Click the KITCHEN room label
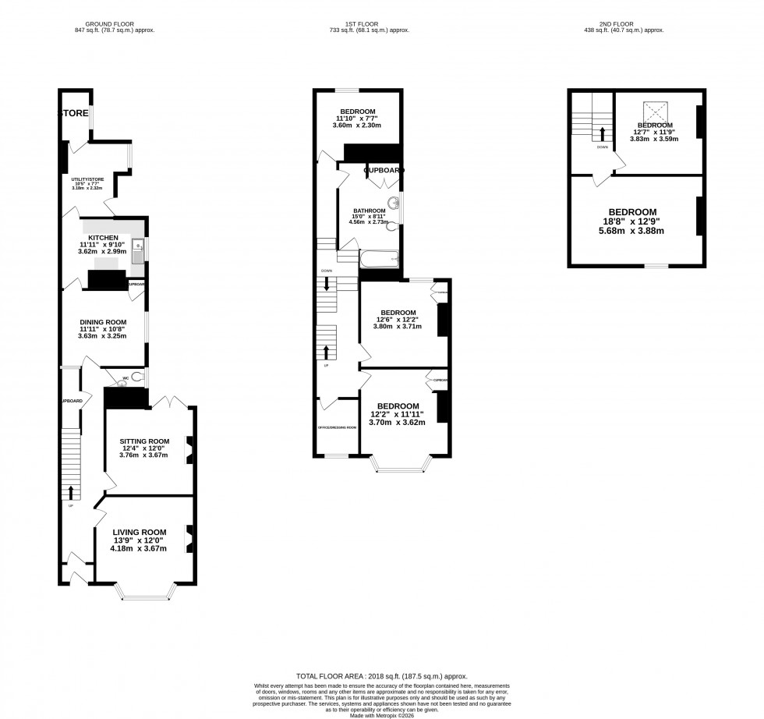click(102, 237)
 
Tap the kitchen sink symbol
click(137, 249)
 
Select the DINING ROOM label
click(102, 321)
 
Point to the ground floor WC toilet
click(137, 377)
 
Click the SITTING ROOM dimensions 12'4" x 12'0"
click(143, 448)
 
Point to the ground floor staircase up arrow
click(72, 491)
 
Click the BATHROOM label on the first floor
click(370, 211)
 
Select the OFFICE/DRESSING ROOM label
click(337, 427)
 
